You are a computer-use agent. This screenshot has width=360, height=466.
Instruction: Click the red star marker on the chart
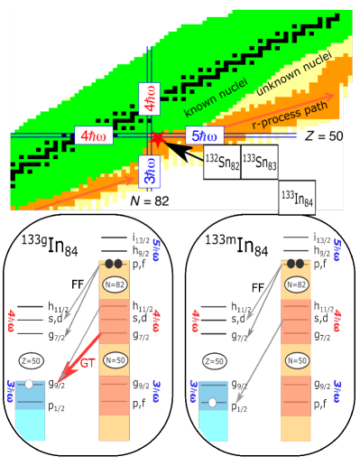(x=157, y=138)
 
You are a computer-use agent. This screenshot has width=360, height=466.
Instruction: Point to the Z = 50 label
(x=323, y=135)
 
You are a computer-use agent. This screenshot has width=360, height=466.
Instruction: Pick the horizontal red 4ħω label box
(x=93, y=136)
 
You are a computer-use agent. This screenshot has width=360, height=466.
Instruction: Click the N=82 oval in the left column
(x=115, y=285)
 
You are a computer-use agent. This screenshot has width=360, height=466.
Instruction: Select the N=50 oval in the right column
(x=297, y=359)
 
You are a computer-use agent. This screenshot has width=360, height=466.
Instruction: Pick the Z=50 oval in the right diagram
(x=213, y=361)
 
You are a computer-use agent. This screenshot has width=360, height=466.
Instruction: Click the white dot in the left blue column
(x=30, y=384)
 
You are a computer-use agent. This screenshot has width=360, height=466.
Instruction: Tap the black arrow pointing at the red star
(x=184, y=152)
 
